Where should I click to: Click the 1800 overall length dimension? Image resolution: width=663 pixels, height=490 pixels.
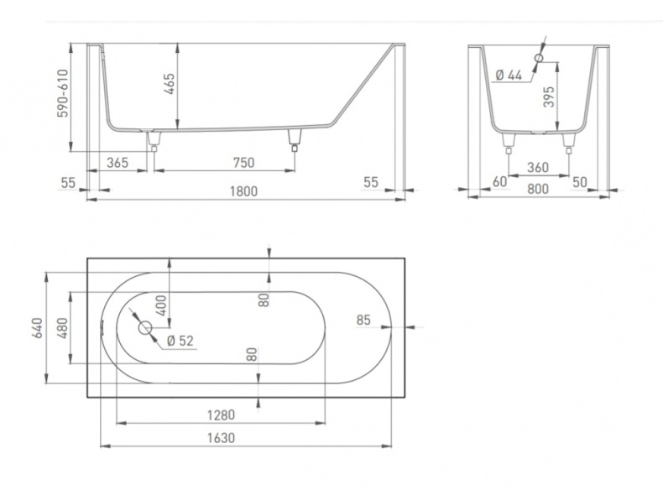tap(243, 191)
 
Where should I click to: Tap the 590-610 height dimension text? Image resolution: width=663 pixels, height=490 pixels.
tap(63, 93)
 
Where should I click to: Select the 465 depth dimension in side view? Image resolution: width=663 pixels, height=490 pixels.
tap(170, 84)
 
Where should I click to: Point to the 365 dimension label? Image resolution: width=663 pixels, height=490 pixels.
tap(117, 162)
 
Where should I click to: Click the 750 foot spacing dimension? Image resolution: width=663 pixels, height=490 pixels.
tap(244, 162)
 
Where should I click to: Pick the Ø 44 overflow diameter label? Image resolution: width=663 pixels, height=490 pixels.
tap(509, 76)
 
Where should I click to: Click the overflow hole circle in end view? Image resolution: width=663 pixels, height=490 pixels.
tap(539, 58)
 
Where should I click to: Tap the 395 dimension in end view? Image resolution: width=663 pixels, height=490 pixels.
tap(548, 96)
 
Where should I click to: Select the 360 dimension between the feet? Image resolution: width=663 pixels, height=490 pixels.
tap(538, 168)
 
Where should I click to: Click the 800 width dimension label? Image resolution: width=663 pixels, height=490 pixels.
tap(538, 189)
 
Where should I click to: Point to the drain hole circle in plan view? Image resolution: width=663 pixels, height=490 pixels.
tap(145, 328)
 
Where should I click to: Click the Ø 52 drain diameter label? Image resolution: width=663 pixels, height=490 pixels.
tap(180, 341)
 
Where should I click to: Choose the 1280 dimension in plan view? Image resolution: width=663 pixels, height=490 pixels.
tap(221, 415)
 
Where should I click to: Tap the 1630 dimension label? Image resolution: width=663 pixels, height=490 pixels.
tap(221, 438)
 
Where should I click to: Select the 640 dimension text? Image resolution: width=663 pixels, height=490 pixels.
tap(37, 328)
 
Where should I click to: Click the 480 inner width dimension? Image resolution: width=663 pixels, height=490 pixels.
tap(62, 328)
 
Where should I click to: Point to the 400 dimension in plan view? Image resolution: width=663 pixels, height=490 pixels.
tap(161, 305)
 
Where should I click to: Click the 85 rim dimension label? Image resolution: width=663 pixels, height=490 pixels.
tap(363, 320)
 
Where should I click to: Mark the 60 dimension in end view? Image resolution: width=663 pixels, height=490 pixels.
tap(500, 182)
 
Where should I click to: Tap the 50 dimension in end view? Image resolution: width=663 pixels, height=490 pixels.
tap(580, 182)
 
